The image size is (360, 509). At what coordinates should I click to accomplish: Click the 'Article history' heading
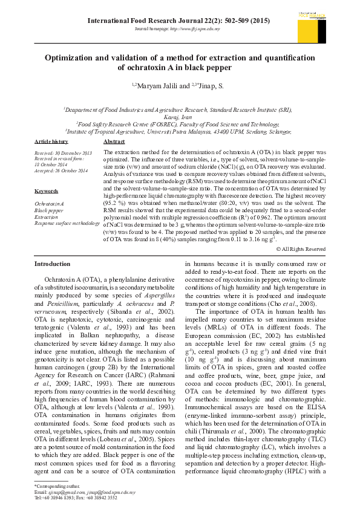pos(51,141)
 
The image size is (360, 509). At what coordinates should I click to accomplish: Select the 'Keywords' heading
pos(46,191)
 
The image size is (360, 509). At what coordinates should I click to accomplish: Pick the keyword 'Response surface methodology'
pos(67,223)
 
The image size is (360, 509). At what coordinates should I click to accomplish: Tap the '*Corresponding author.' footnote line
pos(57,486)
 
